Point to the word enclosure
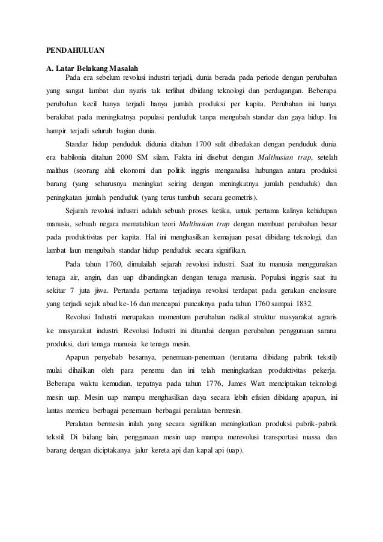point(320,290)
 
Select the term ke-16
point(133,303)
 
